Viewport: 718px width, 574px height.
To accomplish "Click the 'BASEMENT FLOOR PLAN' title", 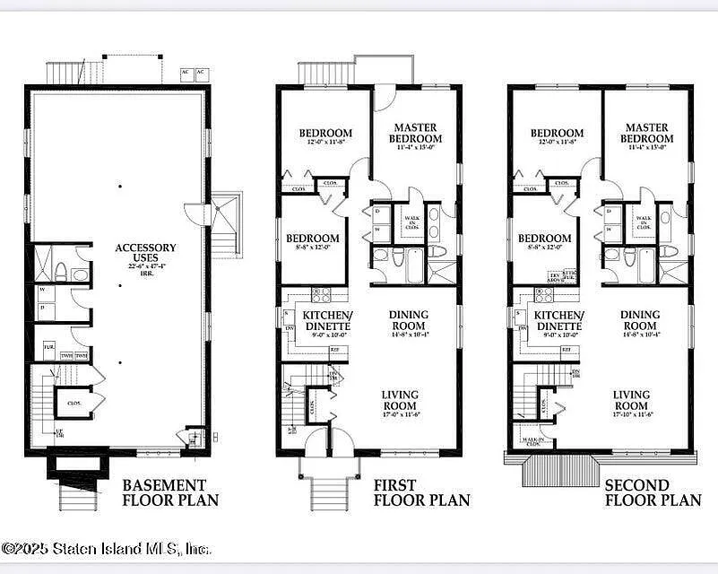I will coord(169,492).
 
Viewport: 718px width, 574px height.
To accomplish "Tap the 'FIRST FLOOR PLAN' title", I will coord(421,492).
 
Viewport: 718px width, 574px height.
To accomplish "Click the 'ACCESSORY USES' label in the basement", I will coord(145,253).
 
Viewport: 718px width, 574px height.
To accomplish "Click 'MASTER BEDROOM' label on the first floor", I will coord(416,134).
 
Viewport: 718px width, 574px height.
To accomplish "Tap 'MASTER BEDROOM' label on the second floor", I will coord(647,134).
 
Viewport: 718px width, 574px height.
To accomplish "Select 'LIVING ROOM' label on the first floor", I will coord(399,400).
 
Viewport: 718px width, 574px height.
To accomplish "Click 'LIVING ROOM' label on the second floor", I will coord(631,400).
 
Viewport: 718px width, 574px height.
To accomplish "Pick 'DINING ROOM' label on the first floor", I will coord(409,320).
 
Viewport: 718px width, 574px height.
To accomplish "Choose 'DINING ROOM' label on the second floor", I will coord(640,320).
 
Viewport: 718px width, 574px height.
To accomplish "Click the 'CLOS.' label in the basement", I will coord(75,404).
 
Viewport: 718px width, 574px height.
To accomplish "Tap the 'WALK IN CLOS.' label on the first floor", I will coord(411,222).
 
